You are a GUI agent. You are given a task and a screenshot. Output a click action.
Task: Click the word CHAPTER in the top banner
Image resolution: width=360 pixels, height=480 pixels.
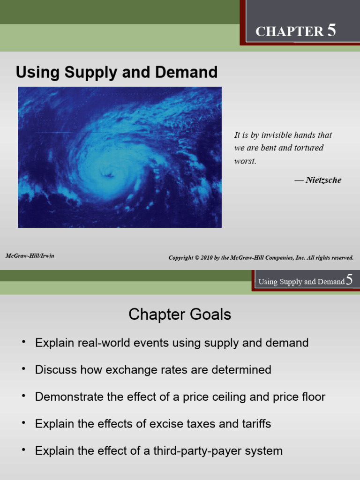point(289,32)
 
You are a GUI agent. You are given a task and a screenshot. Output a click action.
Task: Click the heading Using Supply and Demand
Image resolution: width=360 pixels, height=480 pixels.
point(117,72)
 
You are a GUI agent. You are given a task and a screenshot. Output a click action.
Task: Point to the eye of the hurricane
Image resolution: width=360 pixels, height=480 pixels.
point(108,174)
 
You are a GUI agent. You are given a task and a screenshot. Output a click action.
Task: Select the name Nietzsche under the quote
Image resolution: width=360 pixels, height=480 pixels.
point(323,180)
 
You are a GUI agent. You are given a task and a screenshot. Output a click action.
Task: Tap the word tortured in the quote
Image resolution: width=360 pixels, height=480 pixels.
point(308,148)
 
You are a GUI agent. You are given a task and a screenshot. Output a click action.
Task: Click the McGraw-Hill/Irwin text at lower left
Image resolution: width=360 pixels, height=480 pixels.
point(30,256)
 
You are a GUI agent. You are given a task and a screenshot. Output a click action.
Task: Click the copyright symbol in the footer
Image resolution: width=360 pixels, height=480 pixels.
point(197,258)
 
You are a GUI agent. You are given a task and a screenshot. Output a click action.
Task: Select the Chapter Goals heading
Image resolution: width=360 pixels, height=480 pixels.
point(180,315)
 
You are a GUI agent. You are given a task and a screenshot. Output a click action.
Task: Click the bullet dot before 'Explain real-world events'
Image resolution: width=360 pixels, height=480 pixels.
point(22,342)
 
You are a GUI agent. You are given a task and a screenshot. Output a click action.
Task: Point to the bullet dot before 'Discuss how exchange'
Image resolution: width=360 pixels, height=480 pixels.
point(22,369)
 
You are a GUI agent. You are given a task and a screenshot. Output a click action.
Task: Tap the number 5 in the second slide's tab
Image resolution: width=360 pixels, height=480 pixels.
point(349,281)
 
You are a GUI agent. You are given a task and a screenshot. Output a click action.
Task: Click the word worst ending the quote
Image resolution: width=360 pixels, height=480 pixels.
point(245,161)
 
